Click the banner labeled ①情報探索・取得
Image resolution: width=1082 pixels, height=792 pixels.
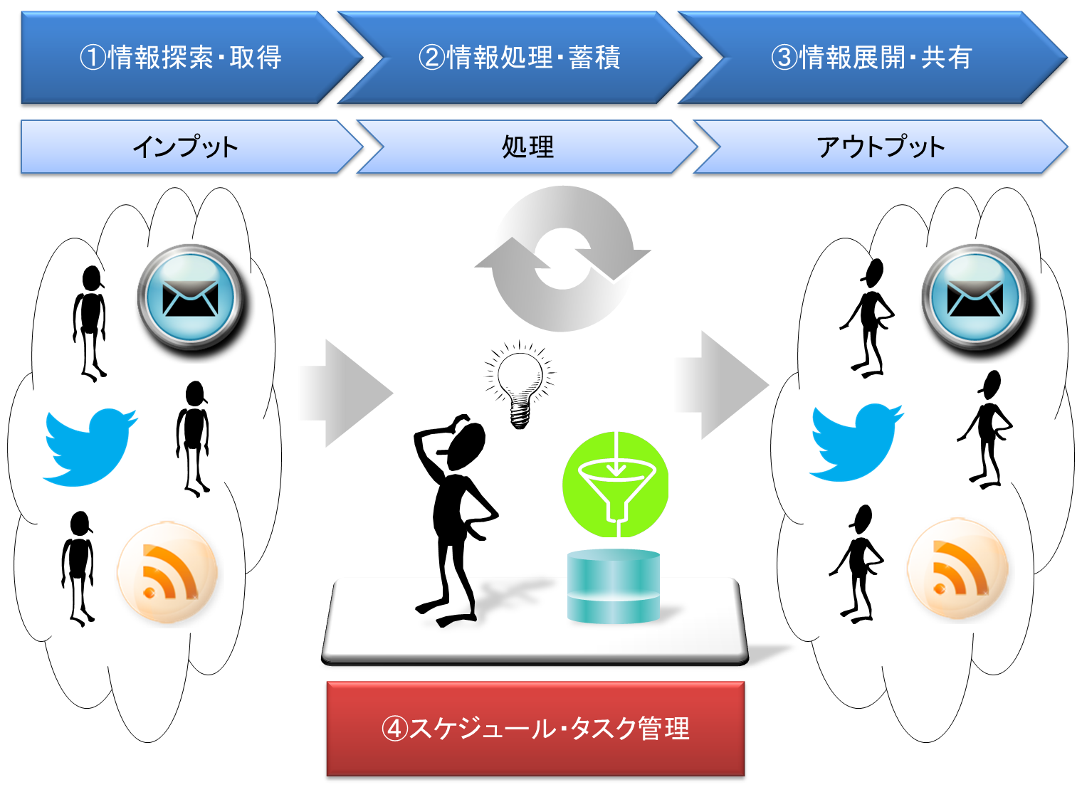point(182,58)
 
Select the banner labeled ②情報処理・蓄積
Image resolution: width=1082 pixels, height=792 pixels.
point(520,58)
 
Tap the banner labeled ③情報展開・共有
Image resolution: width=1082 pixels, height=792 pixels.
point(871,58)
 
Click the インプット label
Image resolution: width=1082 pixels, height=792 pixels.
point(185,147)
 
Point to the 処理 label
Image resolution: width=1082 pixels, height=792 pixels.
point(527,147)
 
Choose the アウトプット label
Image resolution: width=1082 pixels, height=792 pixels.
point(880,147)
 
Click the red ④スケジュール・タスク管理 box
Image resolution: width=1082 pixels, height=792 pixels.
point(535,728)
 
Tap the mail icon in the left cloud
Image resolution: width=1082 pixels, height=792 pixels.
point(191,297)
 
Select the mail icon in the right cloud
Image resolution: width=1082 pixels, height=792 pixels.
point(975,297)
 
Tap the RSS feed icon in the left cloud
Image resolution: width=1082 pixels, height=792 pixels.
point(168,571)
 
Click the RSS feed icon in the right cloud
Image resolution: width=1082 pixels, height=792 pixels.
point(958,568)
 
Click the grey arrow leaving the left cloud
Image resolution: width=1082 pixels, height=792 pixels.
point(345,393)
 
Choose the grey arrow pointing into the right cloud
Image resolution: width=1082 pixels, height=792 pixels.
point(721,385)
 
